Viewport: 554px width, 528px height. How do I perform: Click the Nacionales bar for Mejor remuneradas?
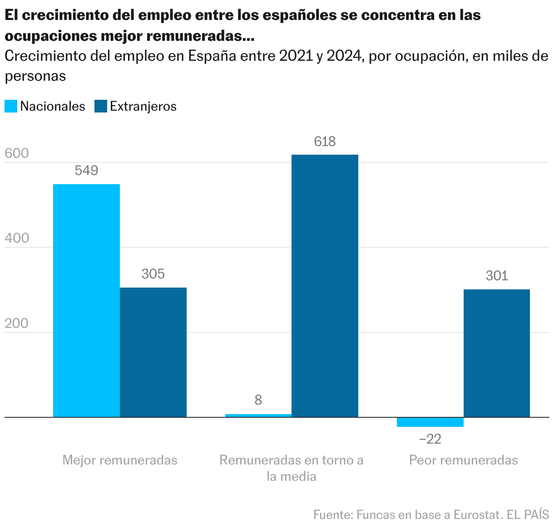pyautogui.click(x=86, y=300)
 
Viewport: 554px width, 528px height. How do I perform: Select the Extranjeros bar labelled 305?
pyautogui.click(x=153, y=352)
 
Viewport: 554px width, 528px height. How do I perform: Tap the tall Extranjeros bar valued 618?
pyautogui.click(x=325, y=286)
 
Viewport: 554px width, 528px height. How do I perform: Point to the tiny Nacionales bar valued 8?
pyautogui.click(x=258, y=416)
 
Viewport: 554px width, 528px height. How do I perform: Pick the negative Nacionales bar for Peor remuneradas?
pyautogui.click(x=430, y=422)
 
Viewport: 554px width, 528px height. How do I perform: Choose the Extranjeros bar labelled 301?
pyautogui.click(x=497, y=353)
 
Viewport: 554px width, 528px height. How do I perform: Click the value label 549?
pyautogui.click(x=86, y=171)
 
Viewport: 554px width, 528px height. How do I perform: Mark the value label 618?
pyautogui.click(x=325, y=142)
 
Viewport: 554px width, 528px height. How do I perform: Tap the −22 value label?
pyautogui.click(x=430, y=439)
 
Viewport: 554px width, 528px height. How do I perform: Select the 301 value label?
pyautogui.click(x=497, y=276)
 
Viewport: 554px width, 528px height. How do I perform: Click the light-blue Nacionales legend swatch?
pyautogui.click(x=11, y=106)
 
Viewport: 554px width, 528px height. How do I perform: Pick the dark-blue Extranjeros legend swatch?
pyautogui.click(x=100, y=106)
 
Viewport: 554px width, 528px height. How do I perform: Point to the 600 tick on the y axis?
pyautogui.click(x=17, y=154)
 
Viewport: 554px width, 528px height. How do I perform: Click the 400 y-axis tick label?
pyautogui.click(x=17, y=239)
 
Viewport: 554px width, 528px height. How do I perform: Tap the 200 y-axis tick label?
pyautogui.click(x=17, y=323)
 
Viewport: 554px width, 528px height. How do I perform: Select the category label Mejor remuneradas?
pyautogui.click(x=120, y=460)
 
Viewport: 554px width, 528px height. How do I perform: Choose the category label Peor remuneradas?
pyautogui.click(x=463, y=460)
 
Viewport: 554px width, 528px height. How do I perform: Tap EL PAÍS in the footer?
pyautogui.click(x=528, y=515)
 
